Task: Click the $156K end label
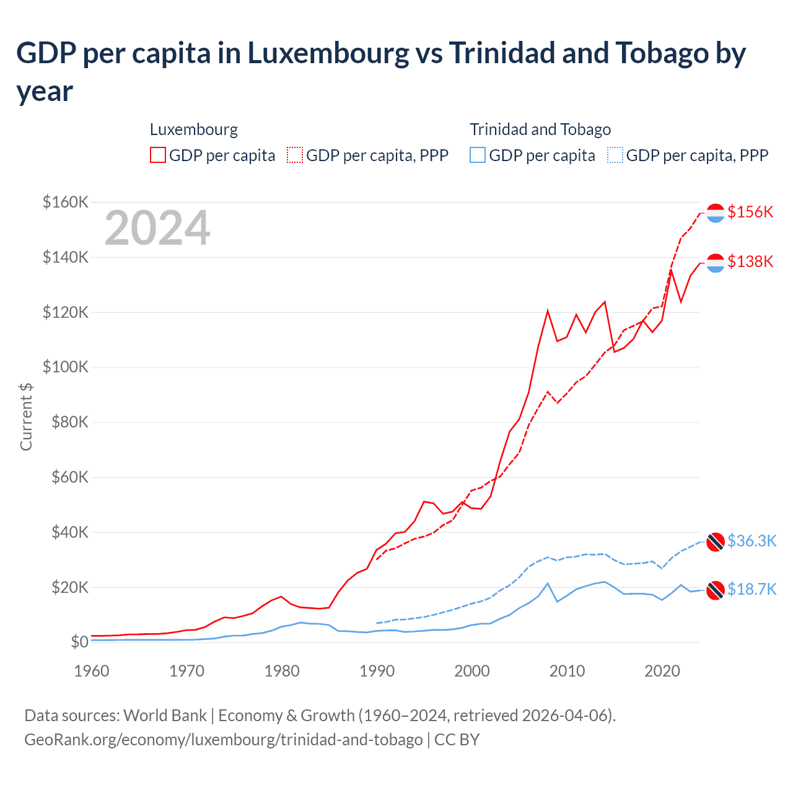pyautogui.click(x=750, y=212)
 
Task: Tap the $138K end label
pyautogui.click(x=750, y=261)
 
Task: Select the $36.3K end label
pyautogui.click(x=751, y=541)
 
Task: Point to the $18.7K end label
pyautogui.click(x=751, y=589)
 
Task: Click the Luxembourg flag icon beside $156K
pyautogui.click(x=716, y=212)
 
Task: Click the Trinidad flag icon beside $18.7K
pyautogui.click(x=716, y=590)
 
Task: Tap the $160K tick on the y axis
pyautogui.click(x=65, y=202)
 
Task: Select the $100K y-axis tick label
pyautogui.click(x=65, y=367)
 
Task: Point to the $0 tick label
pyautogui.click(x=79, y=642)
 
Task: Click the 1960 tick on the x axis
pyautogui.click(x=92, y=671)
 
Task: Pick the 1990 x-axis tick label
pyautogui.click(x=377, y=671)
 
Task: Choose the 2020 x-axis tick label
pyautogui.click(x=662, y=671)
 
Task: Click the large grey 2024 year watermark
pyautogui.click(x=157, y=228)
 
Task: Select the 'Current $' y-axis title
pyautogui.click(x=26, y=416)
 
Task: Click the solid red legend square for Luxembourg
pyautogui.click(x=158, y=155)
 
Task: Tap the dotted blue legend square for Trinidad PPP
pyautogui.click(x=615, y=155)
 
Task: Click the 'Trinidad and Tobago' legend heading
pyautogui.click(x=540, y=129)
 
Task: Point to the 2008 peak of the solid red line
pyautogui.click(x=548, y=310)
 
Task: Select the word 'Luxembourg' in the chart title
pyautogui.click(x=328, y=53)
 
